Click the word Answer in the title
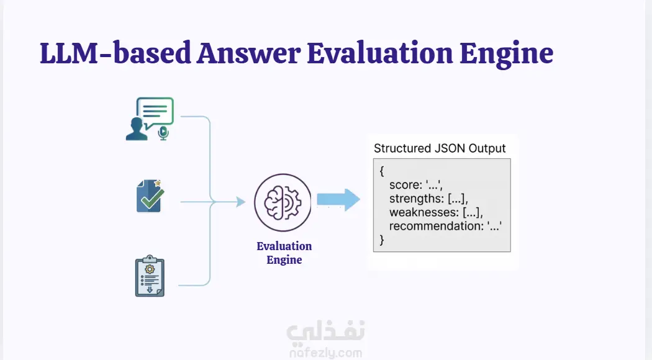point(248,53)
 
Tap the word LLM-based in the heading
point(115,53)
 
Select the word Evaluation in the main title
point(380,53)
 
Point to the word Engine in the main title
point(506,55)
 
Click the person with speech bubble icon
point(150,119)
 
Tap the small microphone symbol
point(163,133)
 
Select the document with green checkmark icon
point(150,196)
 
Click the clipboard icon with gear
point(150,276)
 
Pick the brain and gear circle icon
point(283,202)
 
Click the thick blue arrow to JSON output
point(338,200)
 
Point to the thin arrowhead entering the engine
point(241,202)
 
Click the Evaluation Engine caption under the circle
point(284,253)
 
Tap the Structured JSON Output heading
point(440,148)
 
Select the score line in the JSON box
point(415,184)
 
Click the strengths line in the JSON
point(428,198)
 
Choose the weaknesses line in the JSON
point(436,212)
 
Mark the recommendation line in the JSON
point(445,226)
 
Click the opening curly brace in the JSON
point(382,171)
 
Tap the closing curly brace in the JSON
point(382,240)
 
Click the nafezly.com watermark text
point(325,353)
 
